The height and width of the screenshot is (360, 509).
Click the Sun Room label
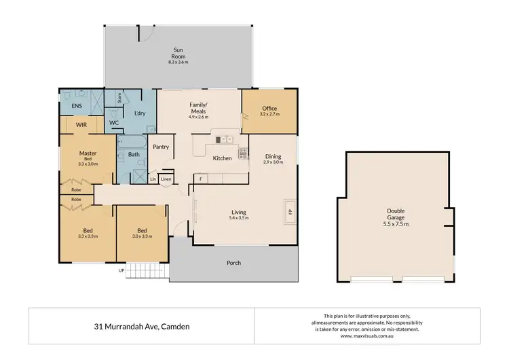(178, 53)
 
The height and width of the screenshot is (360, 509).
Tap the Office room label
(269, 108)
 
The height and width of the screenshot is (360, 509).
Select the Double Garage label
(396, 213)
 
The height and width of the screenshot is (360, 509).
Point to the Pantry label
(161, 146)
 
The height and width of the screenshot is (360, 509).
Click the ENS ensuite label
(69, 107)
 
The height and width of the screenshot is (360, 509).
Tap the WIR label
(81, 126)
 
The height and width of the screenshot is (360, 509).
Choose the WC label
(115, 123)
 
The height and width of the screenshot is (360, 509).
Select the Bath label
(134, 155)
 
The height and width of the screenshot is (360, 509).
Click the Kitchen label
(223, 158)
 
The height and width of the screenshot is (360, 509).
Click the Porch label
(233, 263)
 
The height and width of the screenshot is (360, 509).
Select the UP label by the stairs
(121, 270)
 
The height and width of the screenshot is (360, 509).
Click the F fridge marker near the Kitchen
(201, 178)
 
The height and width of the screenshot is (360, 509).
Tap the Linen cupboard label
(166, 179)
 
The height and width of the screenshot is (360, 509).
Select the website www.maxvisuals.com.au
(367, 336)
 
